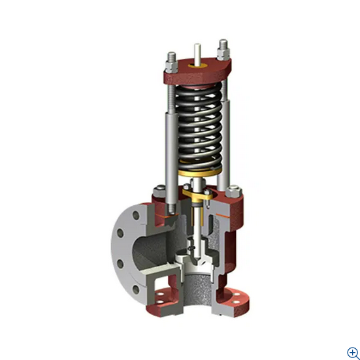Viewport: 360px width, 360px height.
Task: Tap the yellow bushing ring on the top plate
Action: [x=196, y=67]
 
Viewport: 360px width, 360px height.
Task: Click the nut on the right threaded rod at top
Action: [x=223, y=48]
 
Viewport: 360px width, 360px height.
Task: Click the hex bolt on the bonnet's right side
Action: [x=235, y=193]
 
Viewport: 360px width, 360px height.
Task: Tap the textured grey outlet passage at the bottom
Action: [x=196, y=294]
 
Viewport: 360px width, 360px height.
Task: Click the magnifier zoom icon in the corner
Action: [x=352, y=352]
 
